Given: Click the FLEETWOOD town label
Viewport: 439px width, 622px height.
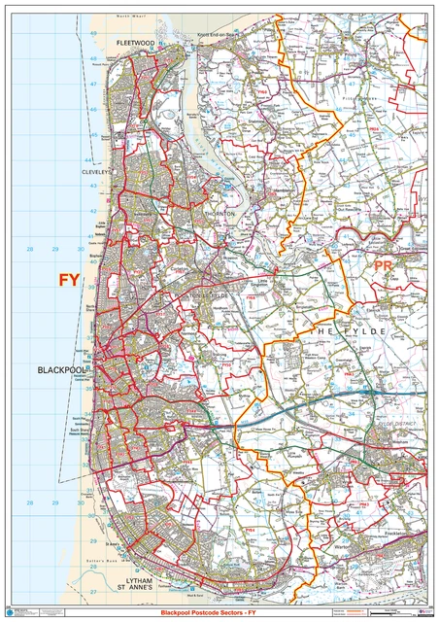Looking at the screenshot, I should click(136, 44).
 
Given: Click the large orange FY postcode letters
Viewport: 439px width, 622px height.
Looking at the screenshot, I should click(69, 279).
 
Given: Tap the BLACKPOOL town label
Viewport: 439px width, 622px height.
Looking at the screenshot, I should click(64, 371).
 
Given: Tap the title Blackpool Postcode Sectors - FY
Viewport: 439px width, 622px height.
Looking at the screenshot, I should click(219, 614).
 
